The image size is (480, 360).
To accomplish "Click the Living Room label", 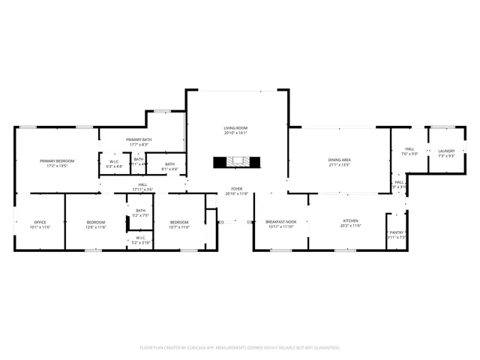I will (x=235, y=128).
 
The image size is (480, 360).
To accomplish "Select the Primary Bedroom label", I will (x=57, y=160).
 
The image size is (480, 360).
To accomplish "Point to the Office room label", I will (x=40, y=222).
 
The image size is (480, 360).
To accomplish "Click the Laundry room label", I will (x=446, y=151).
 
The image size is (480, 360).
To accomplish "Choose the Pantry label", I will (x=397, y=232).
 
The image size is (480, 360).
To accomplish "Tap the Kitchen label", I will (x=351, y=221).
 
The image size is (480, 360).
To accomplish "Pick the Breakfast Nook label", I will (x=281, y=222).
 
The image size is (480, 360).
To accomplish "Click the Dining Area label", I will (x=340, y=160).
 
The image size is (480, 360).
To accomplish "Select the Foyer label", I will (x=236, y=189).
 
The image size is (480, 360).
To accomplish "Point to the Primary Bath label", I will (x=138, y=140).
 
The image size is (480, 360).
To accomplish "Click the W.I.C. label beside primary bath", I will (x=114, y=161).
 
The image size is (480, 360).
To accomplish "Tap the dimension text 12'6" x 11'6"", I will (x=95, y=226).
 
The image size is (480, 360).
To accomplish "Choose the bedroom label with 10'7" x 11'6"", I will (x=179, y=222).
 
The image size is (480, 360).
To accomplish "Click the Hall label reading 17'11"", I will (x=142, y=184).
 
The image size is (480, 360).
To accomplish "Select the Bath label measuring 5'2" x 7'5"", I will (x=141, y=211).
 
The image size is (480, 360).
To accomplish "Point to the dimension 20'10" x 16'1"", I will (x=235, y=133).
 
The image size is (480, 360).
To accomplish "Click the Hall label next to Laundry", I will (x=410, y=149).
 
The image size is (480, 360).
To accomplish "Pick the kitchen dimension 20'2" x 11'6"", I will (x=351, y=226).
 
